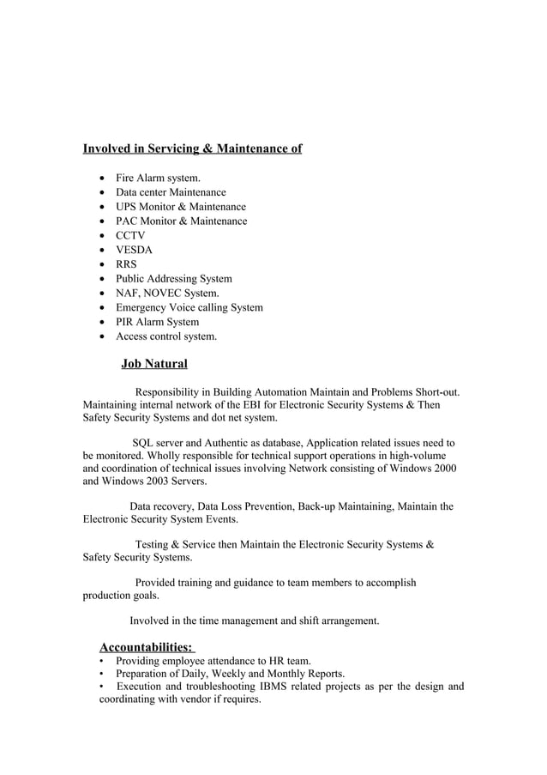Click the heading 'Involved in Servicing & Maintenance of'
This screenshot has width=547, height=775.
191,149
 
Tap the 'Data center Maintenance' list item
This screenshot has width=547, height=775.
171,192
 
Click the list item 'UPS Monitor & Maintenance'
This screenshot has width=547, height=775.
180,207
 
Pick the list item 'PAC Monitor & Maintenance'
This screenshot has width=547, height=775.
181,221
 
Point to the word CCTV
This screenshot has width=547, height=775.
130,235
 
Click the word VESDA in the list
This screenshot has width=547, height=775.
134,250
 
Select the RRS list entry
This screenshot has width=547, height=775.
126,264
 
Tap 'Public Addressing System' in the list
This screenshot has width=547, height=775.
173,279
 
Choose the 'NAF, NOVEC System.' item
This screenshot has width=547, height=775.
161,294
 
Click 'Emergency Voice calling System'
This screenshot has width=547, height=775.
189,307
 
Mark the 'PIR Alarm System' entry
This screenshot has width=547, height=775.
157,322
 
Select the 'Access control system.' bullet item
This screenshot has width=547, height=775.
166,336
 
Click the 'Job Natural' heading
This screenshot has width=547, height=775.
154,364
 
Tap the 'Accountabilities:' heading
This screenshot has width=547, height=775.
146,646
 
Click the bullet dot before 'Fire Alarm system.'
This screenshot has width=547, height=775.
104,178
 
